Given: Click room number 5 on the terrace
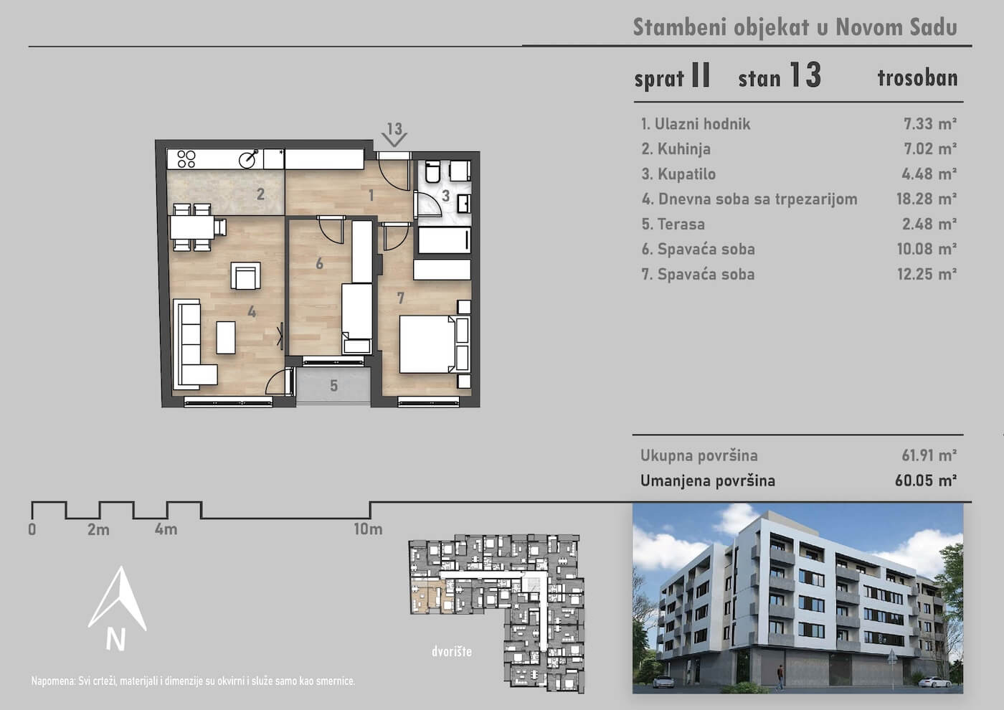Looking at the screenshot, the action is pyautogui.click(x=333, y=385).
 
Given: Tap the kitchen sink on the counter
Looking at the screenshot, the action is pyautogui.click(x=249, y=158).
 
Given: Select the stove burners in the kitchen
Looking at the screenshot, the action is pyautogui.click(x=186, y=159).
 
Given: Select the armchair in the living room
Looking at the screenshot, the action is pyautogui.click(x=245, y=275).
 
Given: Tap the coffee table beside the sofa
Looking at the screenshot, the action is pyautogui.click(x=226, y=338).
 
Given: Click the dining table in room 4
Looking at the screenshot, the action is pyautogui.click(x=192, y=227).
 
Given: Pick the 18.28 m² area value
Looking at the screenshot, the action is pyautogui.click(x=927, y=199).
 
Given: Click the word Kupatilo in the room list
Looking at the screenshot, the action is pyautogui.click(x=687, y=174).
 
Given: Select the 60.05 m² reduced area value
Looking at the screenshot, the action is pyautogui.click(x=926, y=481).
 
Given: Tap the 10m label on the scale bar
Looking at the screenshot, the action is pyautogui.click(x=368, y=529).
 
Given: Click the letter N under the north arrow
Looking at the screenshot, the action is pyautogui.click(x=115, y=640).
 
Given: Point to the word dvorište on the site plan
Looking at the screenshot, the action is pyautogui.click(x=452, y=651).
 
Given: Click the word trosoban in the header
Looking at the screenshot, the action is pyautogui.click(x=917, y=78).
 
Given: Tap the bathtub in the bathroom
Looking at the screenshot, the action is pyautogui.click(x=444, y=240).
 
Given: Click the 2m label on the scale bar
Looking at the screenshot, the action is pyautogui.click(x=99, y=529).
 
